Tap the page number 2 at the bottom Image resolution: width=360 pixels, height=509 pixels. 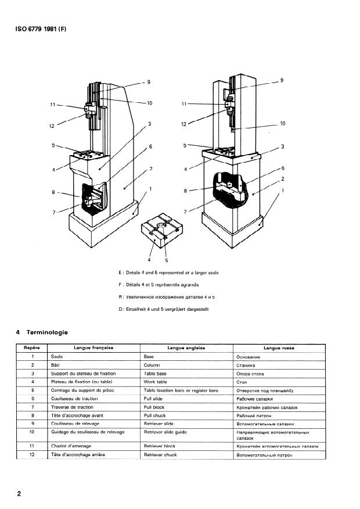click(19, 494)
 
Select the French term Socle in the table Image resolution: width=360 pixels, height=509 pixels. click(56, 356)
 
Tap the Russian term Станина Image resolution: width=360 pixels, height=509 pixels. click(247, 365)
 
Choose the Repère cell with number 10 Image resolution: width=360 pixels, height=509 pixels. click(33, 432)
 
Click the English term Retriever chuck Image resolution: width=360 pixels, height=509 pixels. click(160, 454)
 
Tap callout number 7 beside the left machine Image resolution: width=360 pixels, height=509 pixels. click(53, 212)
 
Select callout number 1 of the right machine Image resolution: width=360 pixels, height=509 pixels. click(282, 190)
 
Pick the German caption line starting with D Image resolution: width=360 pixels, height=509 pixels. click(163, 309)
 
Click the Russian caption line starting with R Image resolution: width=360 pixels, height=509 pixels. click(167, 297)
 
